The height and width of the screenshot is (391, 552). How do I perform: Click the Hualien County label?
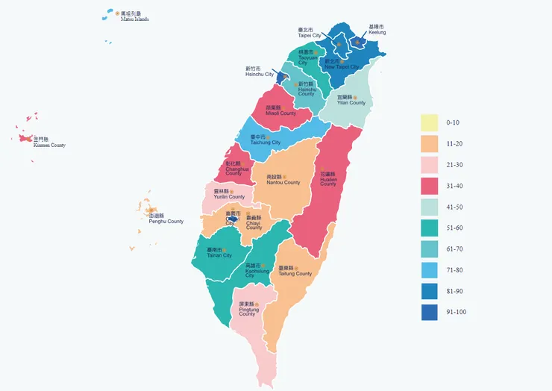(329, 178)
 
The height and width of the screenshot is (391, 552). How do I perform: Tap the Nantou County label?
(283, 180)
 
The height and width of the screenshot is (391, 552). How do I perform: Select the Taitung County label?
(295, 271)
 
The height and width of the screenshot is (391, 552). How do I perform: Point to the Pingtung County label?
(247, 309)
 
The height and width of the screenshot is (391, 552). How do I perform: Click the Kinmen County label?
(49, 143)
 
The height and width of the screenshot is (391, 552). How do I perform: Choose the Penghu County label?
(166, 219)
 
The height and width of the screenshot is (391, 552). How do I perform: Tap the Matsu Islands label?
(134, 16)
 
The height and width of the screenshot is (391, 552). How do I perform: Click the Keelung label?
(377, 30)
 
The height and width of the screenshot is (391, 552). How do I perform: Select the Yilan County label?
(351, 100)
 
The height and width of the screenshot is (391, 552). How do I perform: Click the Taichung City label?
(265, 140)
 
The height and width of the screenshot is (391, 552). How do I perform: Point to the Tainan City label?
(219, 252)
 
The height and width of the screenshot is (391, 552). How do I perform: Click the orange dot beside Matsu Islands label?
(117, 13)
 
